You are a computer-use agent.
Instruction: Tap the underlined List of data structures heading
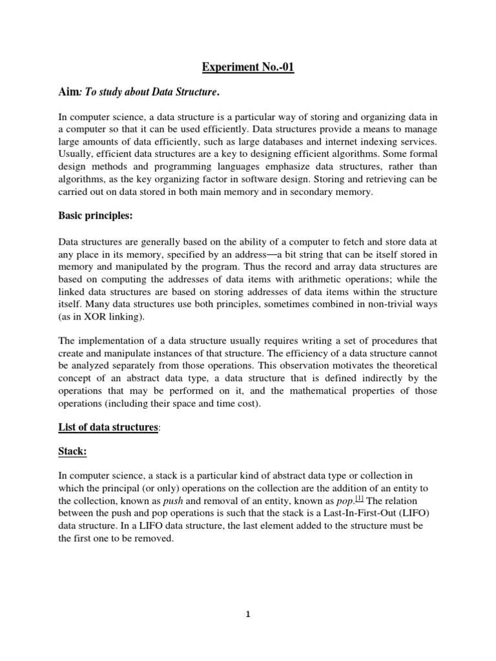tap(108, 427)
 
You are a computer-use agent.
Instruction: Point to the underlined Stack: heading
tap(73, 452)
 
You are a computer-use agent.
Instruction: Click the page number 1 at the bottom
tap(248, 615)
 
